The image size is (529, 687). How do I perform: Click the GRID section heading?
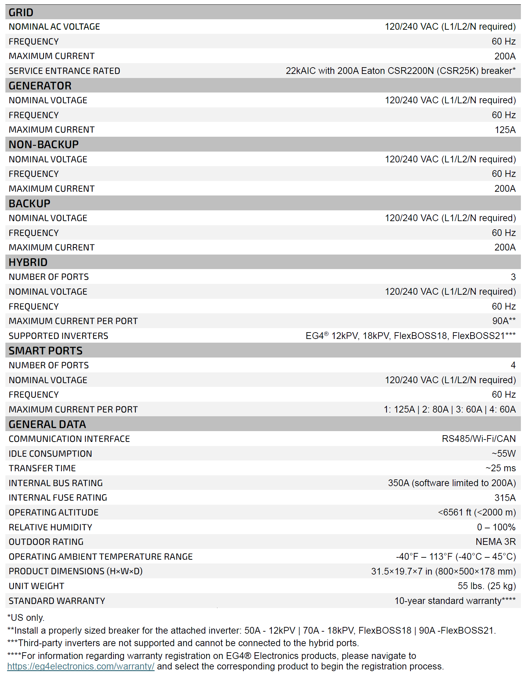point(21,12)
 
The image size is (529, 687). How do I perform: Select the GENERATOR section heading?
point(40,86)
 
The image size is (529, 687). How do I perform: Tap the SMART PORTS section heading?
point(46,351)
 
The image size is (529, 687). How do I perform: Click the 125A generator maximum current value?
point(505,130)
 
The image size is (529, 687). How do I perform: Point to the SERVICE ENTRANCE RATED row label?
point(64,71)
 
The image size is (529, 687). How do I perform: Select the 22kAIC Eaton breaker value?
point(400,71)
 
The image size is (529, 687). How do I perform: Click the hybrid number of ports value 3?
point(513,277)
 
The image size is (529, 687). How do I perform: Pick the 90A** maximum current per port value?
point(504,321)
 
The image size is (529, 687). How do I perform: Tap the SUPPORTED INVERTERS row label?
point(58,336)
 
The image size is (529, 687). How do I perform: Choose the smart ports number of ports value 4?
point(513,365)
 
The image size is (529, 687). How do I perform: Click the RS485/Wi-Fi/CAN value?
point(479,439)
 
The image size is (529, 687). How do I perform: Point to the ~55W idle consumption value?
point(503,454)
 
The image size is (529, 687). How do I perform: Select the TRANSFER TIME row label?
point(42,468)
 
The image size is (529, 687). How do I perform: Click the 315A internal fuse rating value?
point(505,498)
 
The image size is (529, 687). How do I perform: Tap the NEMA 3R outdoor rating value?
point(496,542)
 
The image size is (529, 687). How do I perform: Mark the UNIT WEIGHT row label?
point(36,586)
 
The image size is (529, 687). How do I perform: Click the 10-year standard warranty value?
point(455,601)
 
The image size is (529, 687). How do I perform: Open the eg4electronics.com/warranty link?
point(81,666)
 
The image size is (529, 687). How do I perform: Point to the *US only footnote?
point(26,618)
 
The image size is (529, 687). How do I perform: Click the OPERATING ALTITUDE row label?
point(53,512)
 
